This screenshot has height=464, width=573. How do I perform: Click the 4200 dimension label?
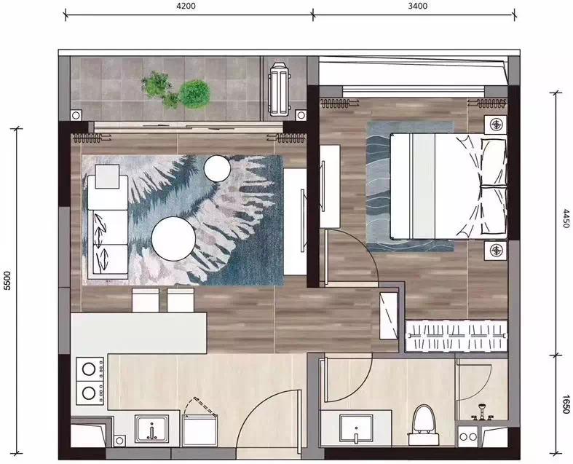(x=186, y=6)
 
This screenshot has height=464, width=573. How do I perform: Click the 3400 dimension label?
(x=417, y=6)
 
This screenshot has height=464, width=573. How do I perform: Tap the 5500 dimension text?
(x=8, y=281)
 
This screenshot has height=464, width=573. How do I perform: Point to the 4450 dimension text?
(x=566, y=219)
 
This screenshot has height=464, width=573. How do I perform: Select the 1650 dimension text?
(x=566, y=404)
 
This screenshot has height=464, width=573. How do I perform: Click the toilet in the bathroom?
(x=424, y=424)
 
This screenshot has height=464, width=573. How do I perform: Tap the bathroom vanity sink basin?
(x=356, y=428)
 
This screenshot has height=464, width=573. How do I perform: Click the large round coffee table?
(x=173, y=239)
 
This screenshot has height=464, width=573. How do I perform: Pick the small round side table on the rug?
(x=217, y=168)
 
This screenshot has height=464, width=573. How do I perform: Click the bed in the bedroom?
(x=448, y=186)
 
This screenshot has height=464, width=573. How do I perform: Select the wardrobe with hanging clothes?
(x=457, y=336)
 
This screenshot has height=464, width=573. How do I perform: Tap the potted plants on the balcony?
(x=176, y=90)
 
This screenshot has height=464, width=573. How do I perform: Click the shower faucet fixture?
(x=482, y=412)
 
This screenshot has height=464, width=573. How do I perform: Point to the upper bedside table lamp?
(x=496, y=125)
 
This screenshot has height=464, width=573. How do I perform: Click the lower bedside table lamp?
(x=496, y=250)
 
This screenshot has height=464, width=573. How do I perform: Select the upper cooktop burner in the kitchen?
(x=89, y=369)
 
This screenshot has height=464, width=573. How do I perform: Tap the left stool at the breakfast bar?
(x=146, y=300)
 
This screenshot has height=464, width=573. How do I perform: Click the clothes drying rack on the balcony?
(x=280, y=88)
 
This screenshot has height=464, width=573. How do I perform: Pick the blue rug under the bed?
(x=410, y=186)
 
